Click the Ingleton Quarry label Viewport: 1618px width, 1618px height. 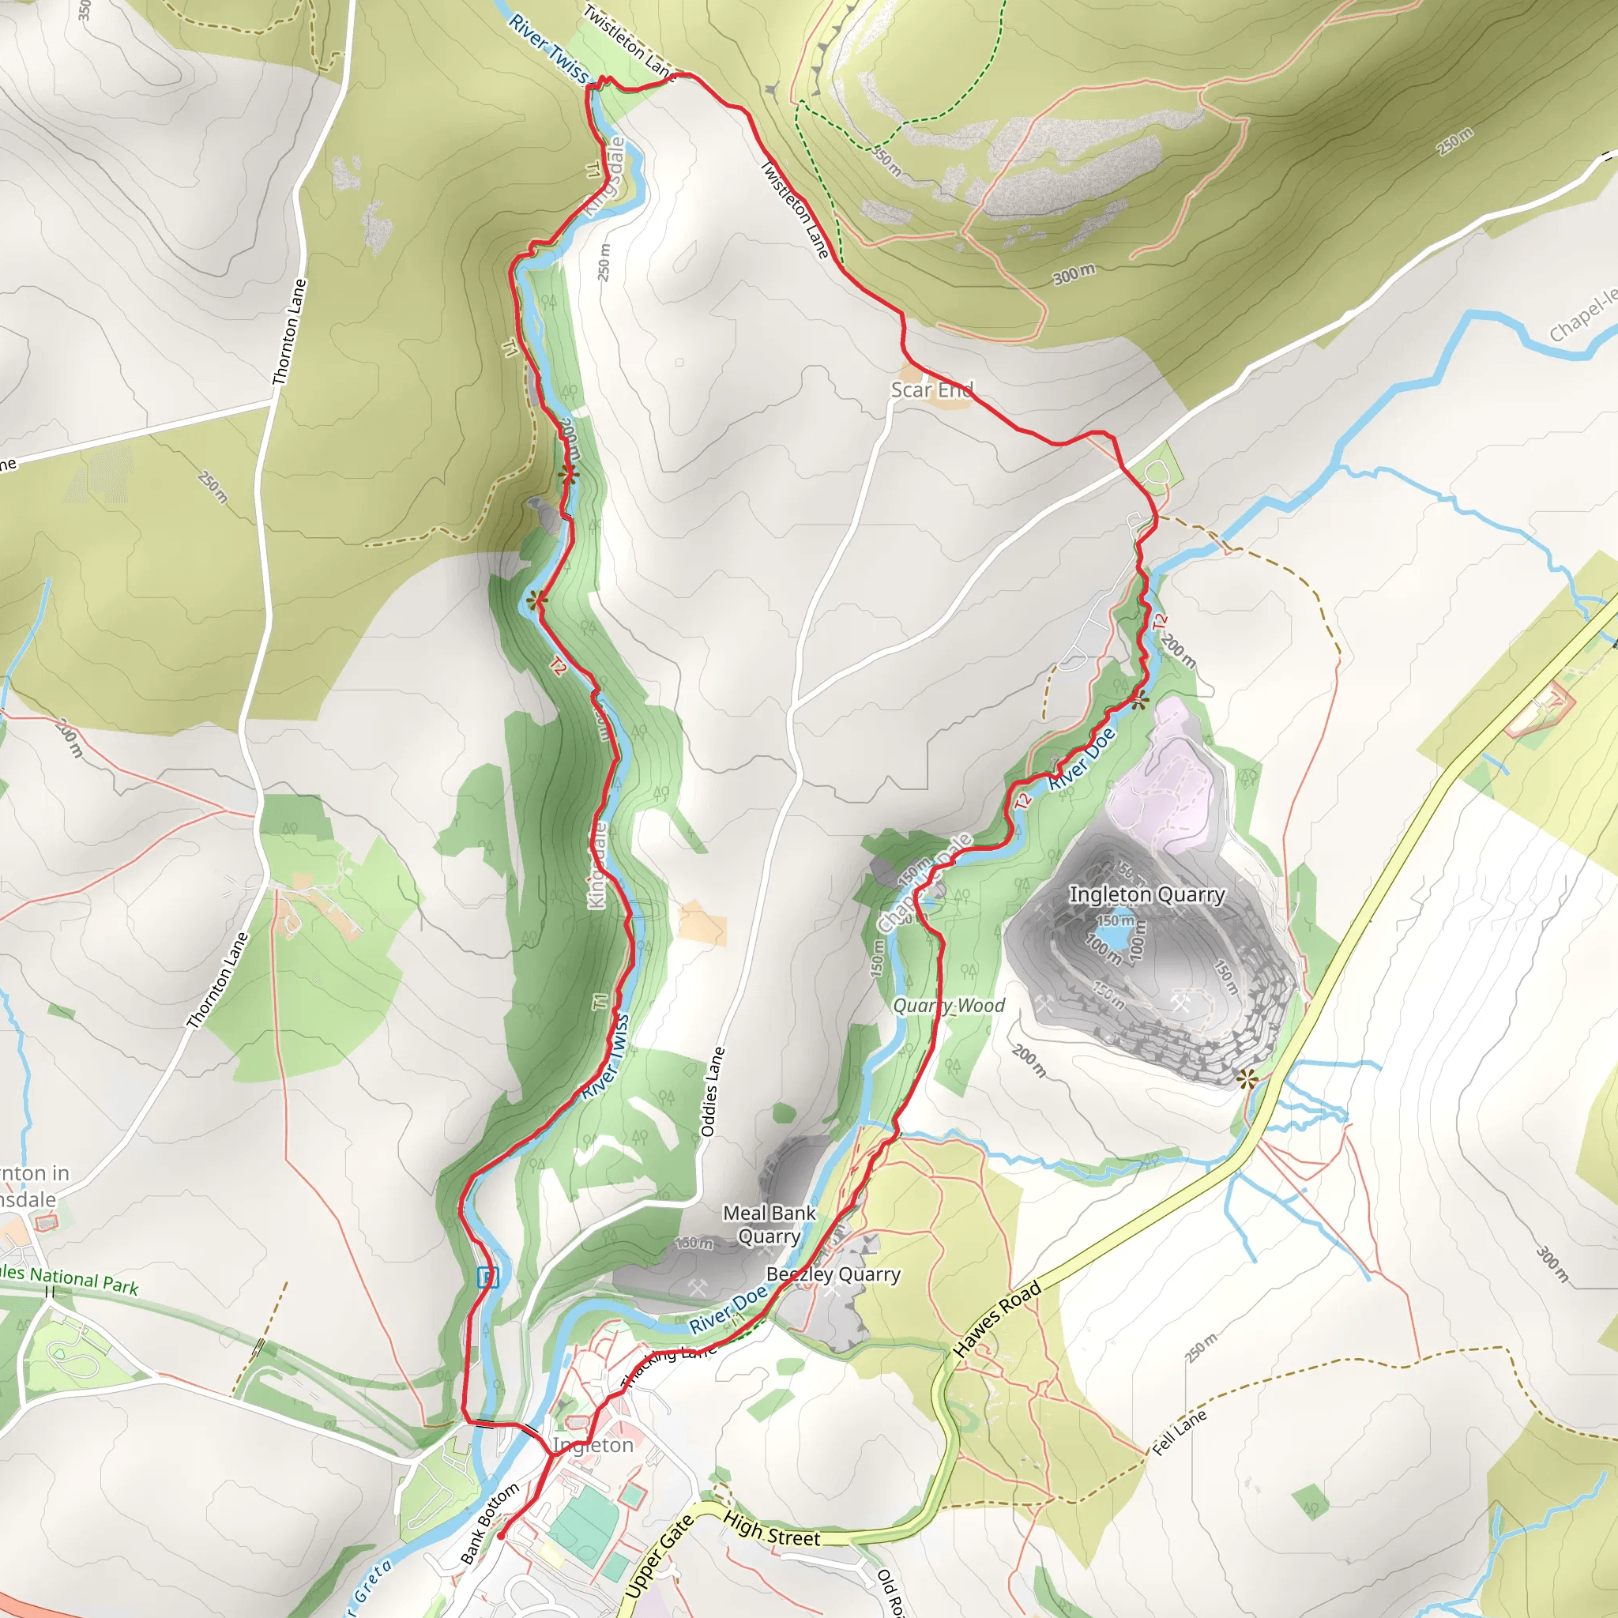point(1146,894)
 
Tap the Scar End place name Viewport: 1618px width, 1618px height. point(931,389)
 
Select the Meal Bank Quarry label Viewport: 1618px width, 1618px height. point(769,1224)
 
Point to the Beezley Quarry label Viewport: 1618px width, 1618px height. point(833,1274)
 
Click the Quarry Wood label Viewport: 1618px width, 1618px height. point(948,1005)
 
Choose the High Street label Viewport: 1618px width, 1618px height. point(771,1529)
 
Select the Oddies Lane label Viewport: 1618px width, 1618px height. point(712,1091)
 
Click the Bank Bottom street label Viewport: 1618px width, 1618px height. point(489,1523)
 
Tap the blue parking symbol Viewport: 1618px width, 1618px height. point(488,1277)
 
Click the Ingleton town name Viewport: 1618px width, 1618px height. point(593,1445)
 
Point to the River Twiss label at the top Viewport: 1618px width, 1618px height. point(548,48)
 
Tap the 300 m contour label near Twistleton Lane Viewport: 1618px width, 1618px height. point(1074,274)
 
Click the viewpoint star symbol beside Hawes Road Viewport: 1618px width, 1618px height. point(1247,1078)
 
